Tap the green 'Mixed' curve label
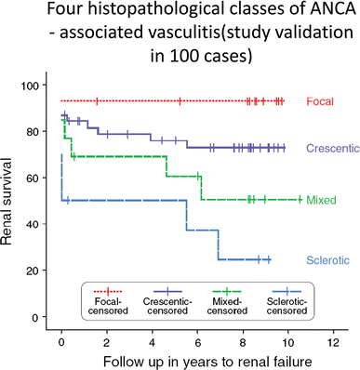321,200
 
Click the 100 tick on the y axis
37,86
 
